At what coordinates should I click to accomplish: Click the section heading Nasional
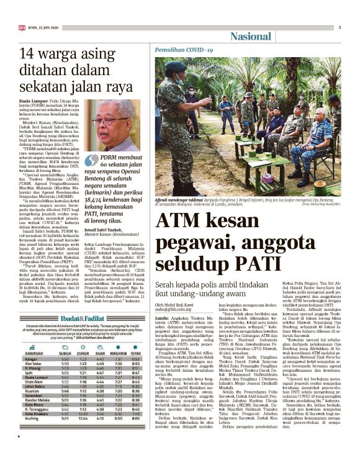(x=250, y=36)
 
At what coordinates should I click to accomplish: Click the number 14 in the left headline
(x=28, y=53)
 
